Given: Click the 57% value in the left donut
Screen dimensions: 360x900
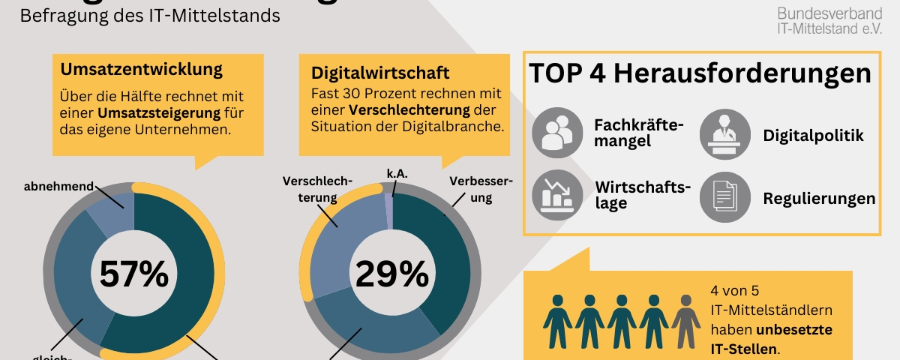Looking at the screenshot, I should tap(133, 274).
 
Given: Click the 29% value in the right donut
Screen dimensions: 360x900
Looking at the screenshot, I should tap(391, 274).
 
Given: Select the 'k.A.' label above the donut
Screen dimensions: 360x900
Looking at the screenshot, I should tap(397, 173).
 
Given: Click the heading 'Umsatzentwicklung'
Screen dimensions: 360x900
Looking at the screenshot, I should tap(142, 70).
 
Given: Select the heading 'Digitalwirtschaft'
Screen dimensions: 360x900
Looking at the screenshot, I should tap(380, 73).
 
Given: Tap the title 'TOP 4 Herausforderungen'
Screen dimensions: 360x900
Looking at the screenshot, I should tap(699, 73).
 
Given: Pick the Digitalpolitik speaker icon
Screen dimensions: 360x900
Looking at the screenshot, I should tap(724, 133).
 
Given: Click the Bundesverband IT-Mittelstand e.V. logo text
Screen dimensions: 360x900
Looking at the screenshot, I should tap(829, 21).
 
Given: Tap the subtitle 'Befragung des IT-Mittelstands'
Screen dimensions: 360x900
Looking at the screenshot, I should tap(150, 15).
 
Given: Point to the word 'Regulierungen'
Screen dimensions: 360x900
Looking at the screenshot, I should tap(819, 199).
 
